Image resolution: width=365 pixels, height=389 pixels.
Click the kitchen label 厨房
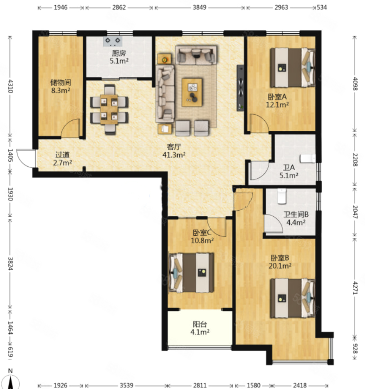click(x=119, y=53)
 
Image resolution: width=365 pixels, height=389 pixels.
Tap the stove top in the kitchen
click(x=113, y=41)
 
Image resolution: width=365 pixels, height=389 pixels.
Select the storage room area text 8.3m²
click(x=61, y=90)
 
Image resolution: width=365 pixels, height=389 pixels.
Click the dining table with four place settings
click(x=109, y=109)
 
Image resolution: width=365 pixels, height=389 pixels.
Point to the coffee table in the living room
click(x=192, y=92)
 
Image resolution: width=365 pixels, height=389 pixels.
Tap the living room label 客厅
click(x=174, y=147)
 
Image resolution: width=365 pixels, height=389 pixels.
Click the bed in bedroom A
click(x=292, y=67)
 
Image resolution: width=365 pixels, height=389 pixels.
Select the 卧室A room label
click(x=277, y=96)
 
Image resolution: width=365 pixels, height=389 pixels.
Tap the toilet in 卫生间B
click(x=282, y=196)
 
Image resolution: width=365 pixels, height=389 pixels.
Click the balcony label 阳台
click(x=200, y=324)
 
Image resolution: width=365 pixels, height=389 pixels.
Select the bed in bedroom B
click(x=292, y=298)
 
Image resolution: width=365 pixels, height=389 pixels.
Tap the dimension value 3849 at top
click(x=199, y=7)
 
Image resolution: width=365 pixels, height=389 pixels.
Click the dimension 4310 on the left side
click(x=10, y=86)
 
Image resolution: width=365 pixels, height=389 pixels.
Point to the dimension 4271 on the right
click(x=355, y=288)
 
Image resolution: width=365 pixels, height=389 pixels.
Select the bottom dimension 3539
click(x=127, y=385)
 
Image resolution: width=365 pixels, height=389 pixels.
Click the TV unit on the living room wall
click(x=240, y=88)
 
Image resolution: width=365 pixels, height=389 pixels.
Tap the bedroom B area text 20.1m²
click(x=280, y=266)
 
